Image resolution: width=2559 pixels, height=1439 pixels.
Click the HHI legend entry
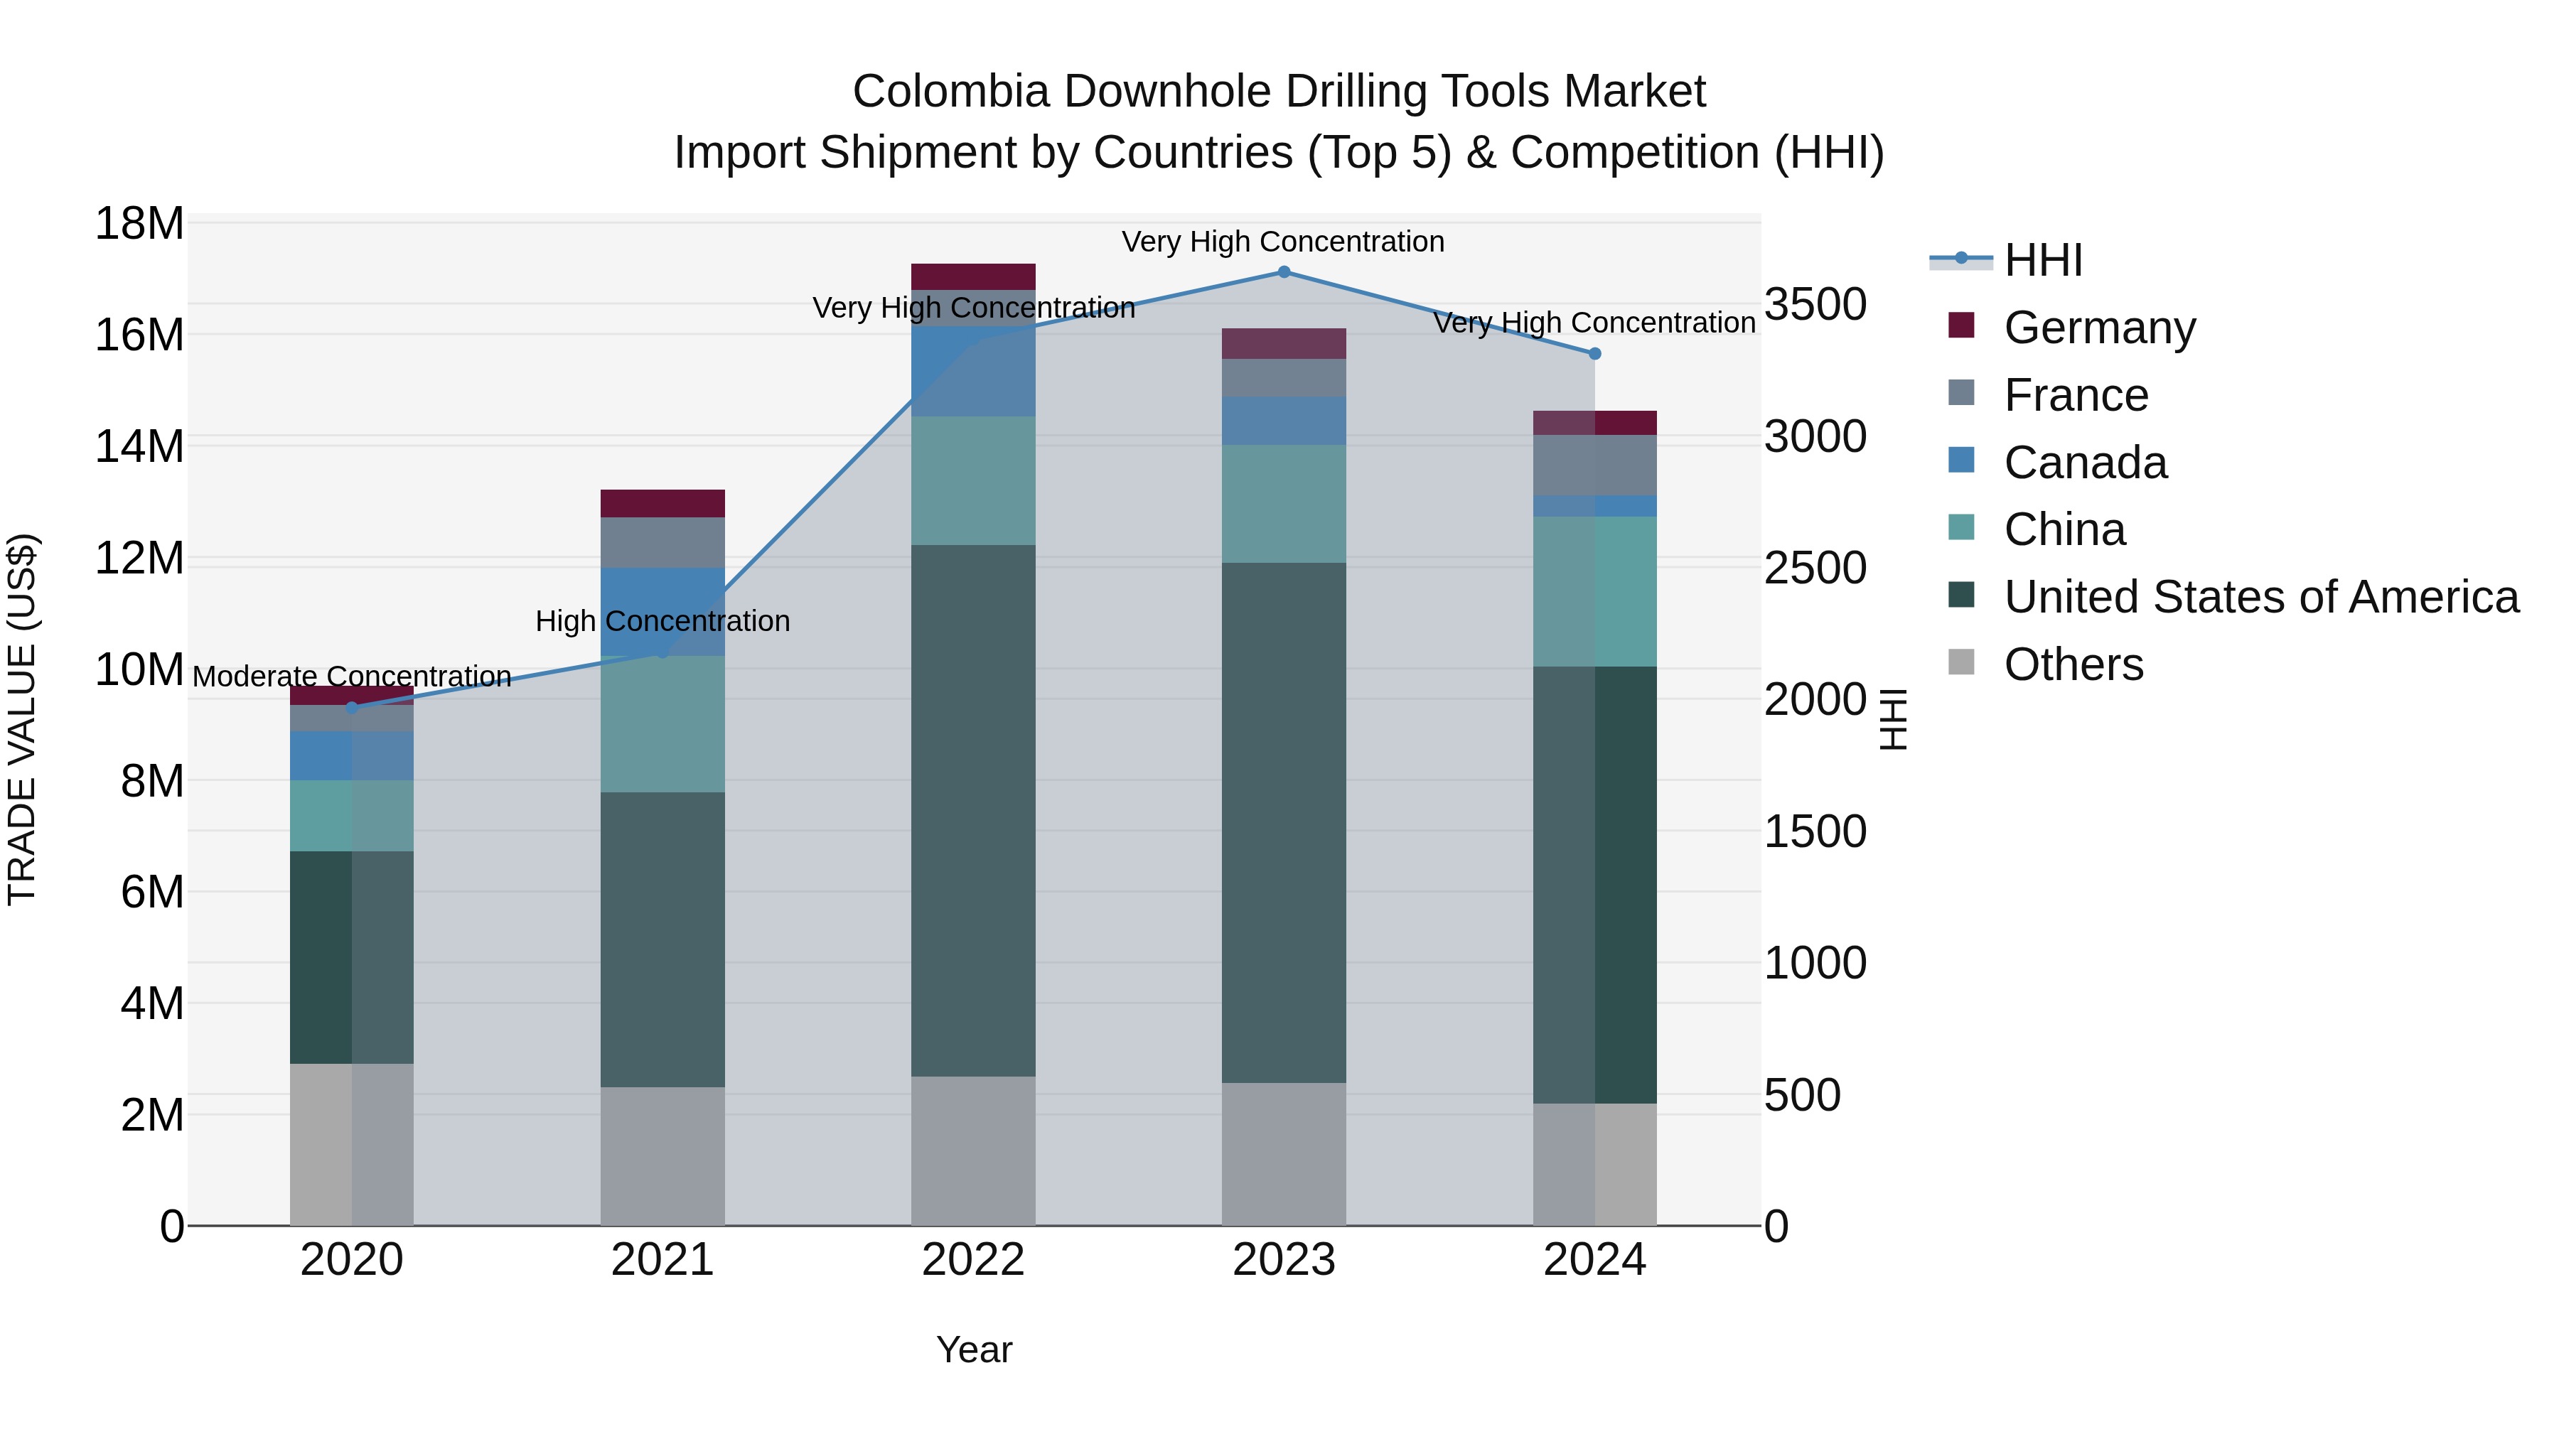(x=2042, y=260)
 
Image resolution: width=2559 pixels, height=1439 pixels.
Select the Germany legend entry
(x=2099, y=328)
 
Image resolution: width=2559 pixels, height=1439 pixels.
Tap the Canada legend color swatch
(x=1961, y=460)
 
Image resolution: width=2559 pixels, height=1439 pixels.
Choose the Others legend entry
(x=2074, y=664)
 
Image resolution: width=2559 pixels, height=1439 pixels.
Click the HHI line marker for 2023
(x=1284, y=272)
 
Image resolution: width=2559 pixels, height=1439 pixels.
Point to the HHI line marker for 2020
(x=352, y=707)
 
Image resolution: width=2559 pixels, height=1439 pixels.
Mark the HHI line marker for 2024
(x=1594, y=354)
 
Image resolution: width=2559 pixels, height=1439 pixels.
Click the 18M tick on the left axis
(x=139, y=223)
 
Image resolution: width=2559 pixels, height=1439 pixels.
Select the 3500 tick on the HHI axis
(x=1815, y=304)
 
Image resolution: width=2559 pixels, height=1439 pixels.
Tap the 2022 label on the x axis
(x=972, y=1260)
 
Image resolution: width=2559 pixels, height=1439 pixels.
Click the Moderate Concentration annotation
(x=352, y=677)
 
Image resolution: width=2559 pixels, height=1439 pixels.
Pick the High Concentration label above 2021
(x=662, y=622)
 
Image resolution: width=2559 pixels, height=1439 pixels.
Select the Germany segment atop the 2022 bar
(x=972, y=276)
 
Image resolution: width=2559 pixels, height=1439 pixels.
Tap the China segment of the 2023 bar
(x=1284, y=504)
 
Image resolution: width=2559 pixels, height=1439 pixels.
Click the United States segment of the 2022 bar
(x=972, y=809)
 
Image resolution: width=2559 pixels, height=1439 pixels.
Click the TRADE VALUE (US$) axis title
(x=22, y=719)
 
